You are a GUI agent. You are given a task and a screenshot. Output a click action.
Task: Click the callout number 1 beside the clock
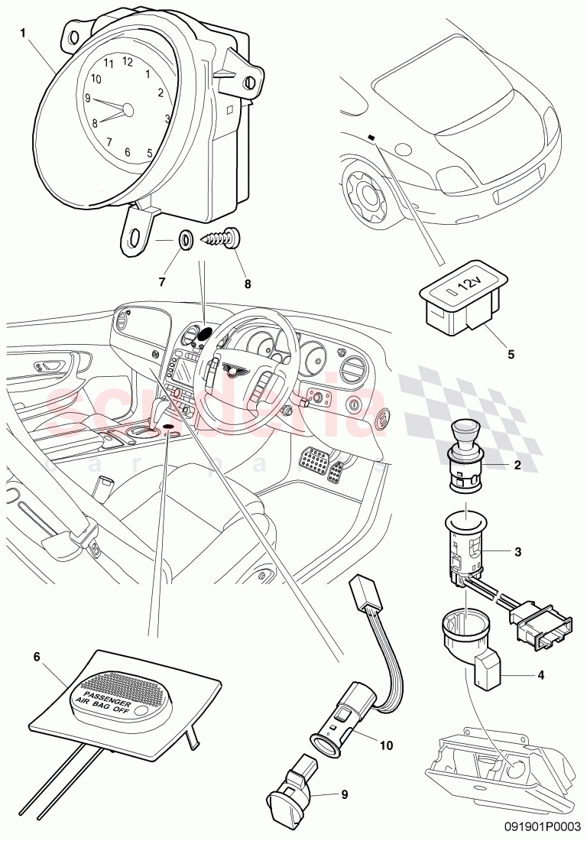tap(23, 34)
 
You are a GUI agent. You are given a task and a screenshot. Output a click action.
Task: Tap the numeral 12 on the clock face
tap(128, 61)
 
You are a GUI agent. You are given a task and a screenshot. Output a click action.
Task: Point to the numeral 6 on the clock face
tap(128, 152)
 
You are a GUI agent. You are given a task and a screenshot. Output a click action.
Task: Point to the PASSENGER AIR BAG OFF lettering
tap(104, 693)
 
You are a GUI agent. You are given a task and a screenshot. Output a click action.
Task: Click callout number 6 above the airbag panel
tap(35, 656)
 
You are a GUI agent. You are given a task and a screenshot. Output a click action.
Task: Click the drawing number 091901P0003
tap(544, 826)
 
